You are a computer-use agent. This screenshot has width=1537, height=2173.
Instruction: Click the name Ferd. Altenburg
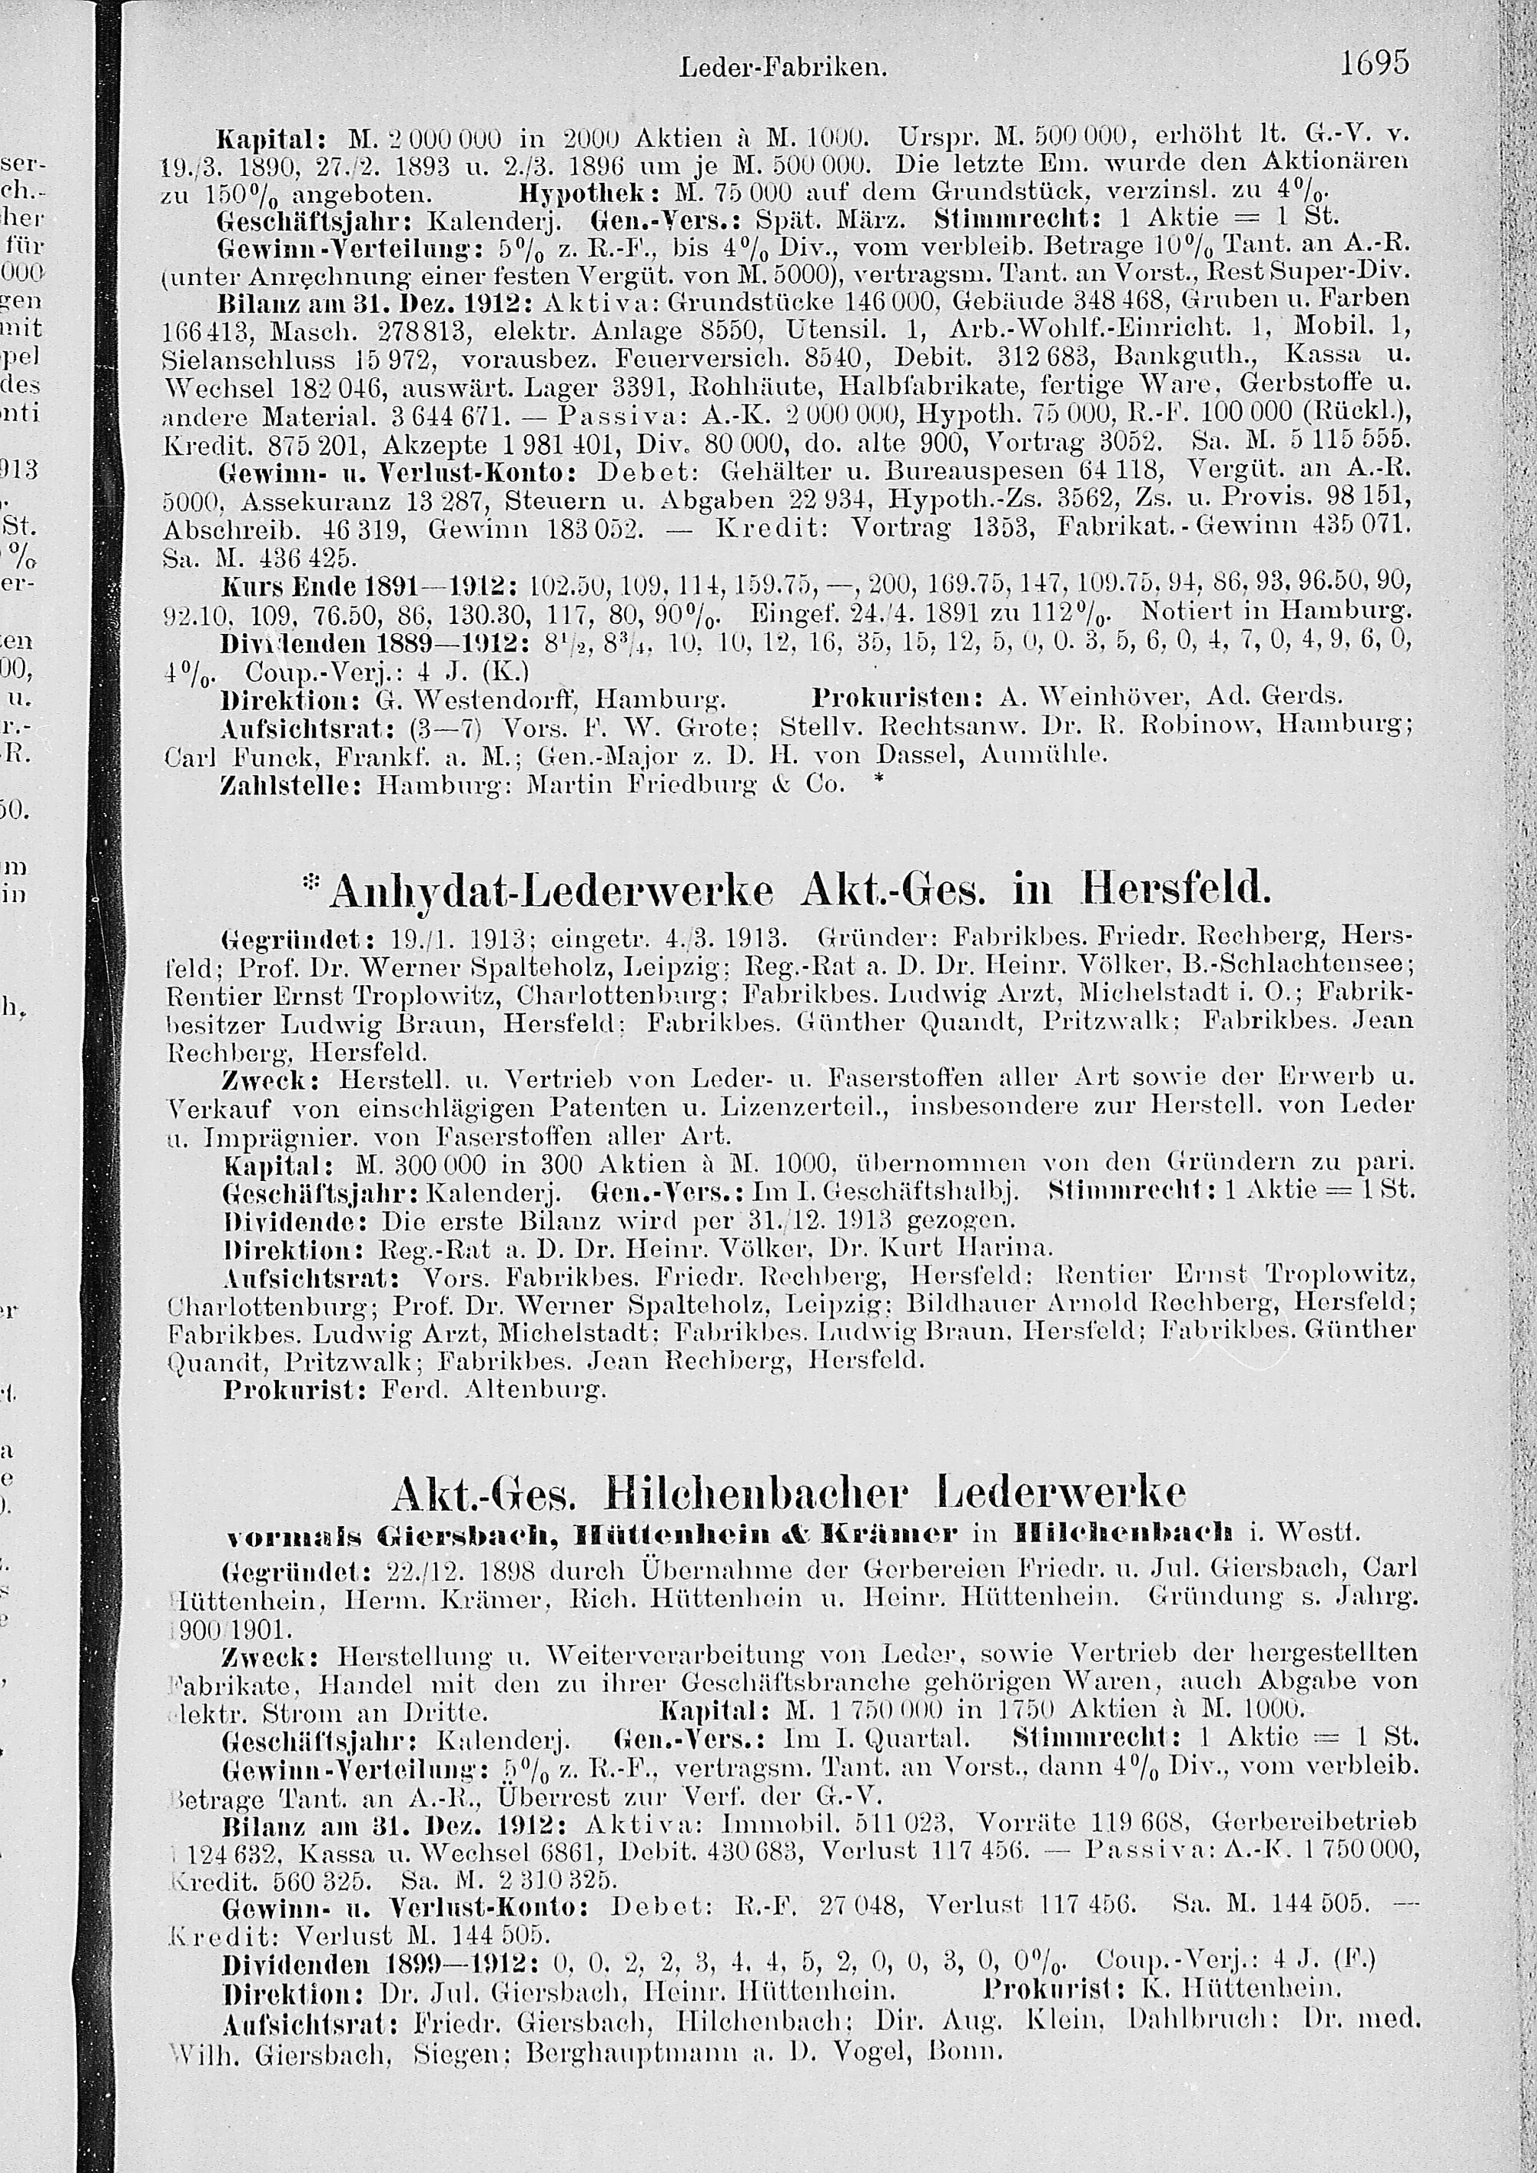coord(491,1390)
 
